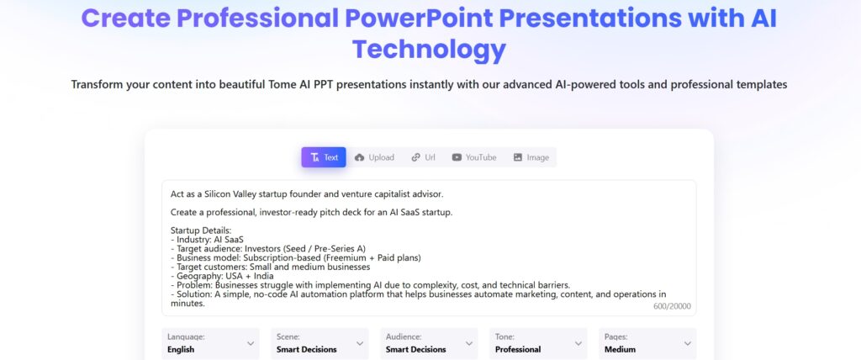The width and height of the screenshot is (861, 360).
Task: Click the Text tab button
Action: click(324, 157)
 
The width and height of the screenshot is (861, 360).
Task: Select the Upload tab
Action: click(374, 157)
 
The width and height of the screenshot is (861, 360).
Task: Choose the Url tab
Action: click(424, 157)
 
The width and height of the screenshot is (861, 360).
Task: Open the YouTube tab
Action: click(474, 157)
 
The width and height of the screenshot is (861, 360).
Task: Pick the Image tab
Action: click(531, 157)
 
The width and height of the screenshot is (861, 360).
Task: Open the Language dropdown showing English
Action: click(210, 343)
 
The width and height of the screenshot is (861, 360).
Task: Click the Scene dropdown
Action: click(320, 343)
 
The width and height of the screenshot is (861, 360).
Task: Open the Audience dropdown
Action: click(429, 343)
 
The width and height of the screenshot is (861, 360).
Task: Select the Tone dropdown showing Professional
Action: click(538, 343)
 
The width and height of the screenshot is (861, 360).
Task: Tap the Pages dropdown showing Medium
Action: click(647, 343)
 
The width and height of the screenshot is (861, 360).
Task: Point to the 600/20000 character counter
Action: click(672, 307)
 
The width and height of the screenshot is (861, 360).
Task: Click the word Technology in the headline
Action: click(429, 50)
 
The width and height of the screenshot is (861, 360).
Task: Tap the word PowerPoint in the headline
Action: click(419, 19)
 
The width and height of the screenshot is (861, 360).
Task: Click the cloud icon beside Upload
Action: click(360, 158)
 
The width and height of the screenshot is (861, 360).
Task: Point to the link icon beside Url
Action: click(415, 158)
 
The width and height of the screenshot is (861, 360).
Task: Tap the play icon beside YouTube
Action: click(457, 158)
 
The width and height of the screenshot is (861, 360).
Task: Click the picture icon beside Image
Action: click(518, 158)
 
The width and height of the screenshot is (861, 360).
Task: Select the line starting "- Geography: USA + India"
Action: click(222, 276)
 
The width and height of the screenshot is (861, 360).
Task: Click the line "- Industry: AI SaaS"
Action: click(207, 240)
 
